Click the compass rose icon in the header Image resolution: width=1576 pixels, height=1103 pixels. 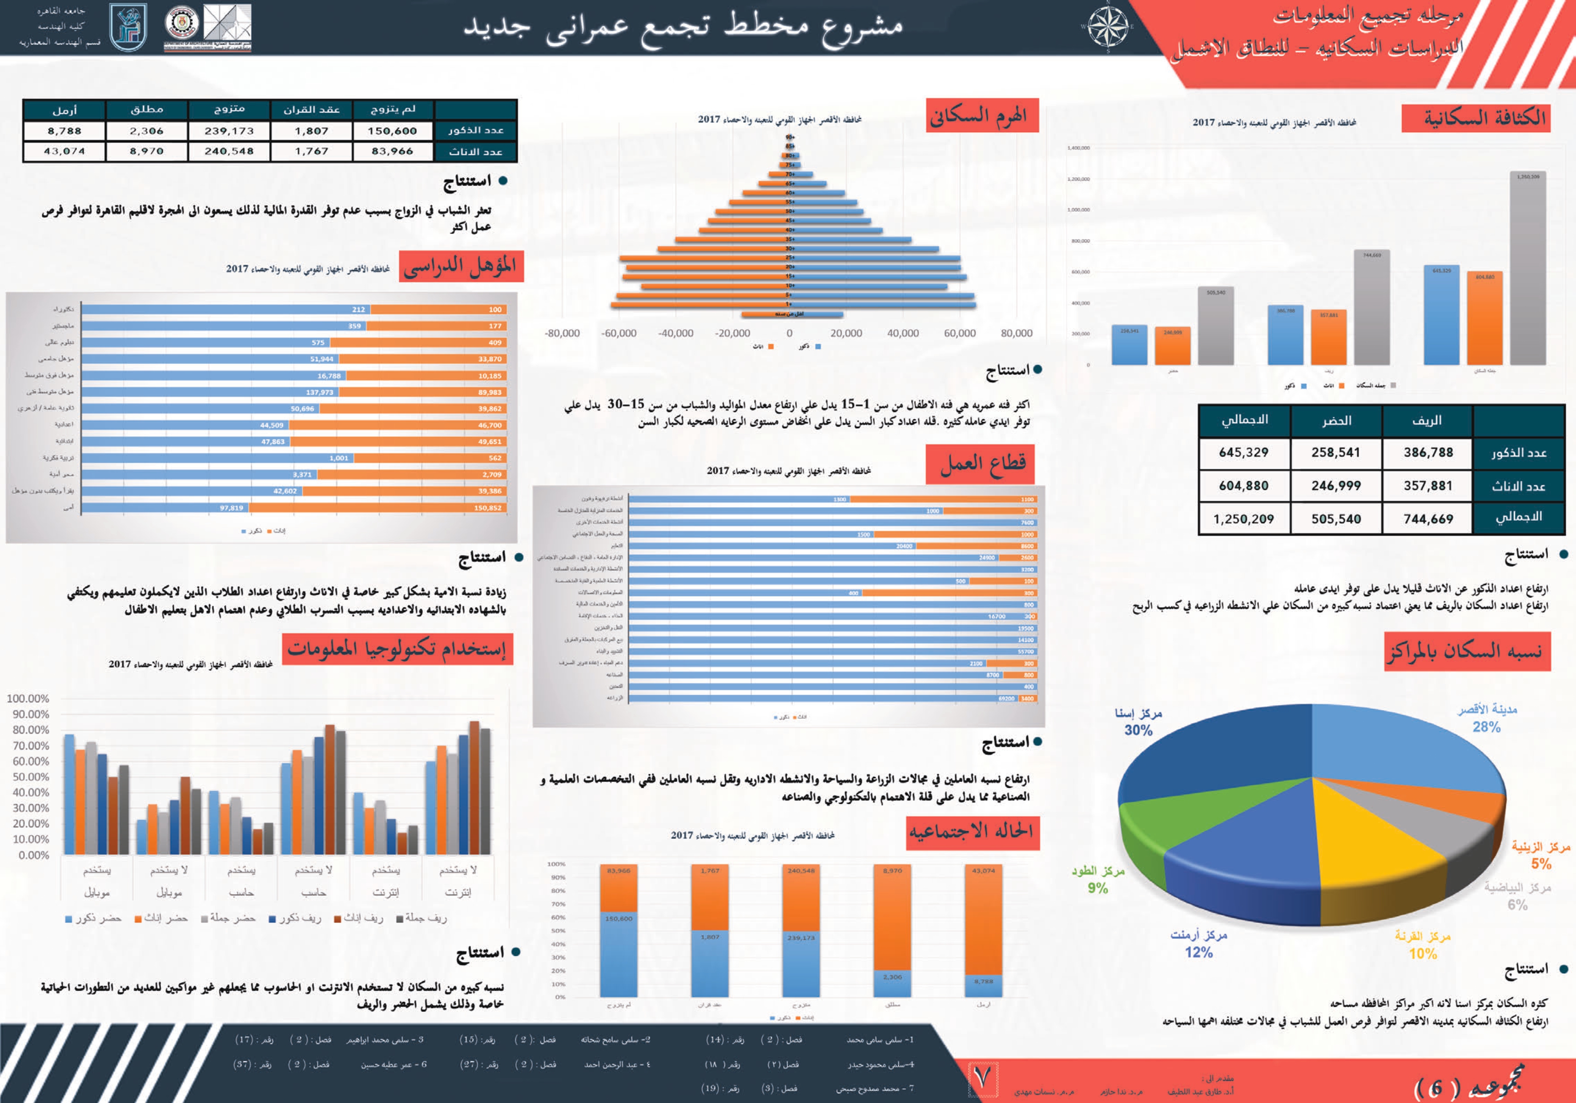[1108, 28]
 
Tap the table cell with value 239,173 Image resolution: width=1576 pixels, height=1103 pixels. [229, 130]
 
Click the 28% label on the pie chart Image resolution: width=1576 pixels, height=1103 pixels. [1486, 727]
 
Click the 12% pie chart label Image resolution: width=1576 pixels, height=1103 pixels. [1198, 952]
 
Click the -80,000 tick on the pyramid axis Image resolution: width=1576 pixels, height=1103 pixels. [562, 334]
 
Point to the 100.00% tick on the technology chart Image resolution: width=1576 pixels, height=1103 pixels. [28, 699]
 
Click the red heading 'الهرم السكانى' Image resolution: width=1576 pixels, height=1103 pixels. [981, 115]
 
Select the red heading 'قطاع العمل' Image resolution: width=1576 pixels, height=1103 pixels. [981, 464]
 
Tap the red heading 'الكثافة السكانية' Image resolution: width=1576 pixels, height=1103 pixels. [1476, 118]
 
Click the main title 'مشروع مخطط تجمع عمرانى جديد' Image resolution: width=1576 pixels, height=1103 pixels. [683, 28]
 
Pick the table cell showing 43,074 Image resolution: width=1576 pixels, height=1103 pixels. [64, 151]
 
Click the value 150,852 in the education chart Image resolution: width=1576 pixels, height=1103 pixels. [487, 508]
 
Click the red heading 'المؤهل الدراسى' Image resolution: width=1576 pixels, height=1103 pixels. [461, 266]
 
